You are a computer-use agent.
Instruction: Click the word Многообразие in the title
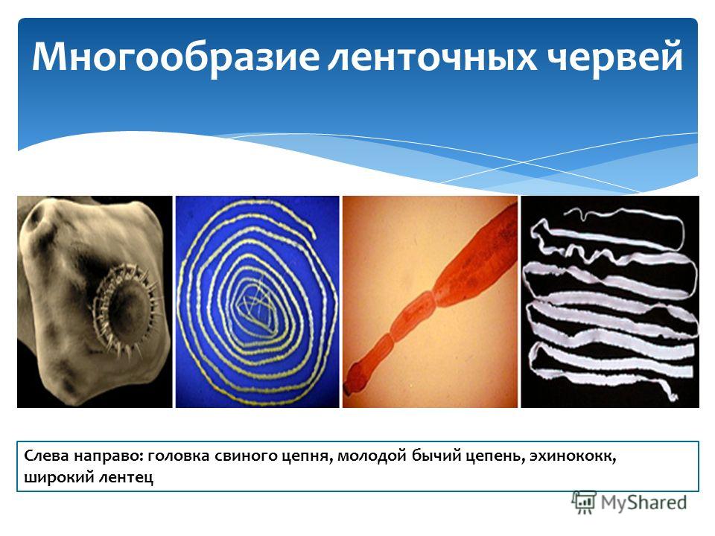pyautogui.click(x=176, y=57)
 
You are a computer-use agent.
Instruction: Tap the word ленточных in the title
pyautogui.click(x=432, y=58)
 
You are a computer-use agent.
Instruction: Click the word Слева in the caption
pyautogui.click(x=45, y=456)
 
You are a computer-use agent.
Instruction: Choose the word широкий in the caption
pyautogui.click(x=57, y=478)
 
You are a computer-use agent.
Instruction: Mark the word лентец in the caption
pyautogui.click(x=126, y=478)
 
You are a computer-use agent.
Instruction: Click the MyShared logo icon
pyautogui.click(x=584, y=502)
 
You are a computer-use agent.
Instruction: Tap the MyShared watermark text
pyautogui.click(x=643, y=502)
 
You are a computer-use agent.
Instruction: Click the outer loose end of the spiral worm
pyautogui.click(x=314, y=236)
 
